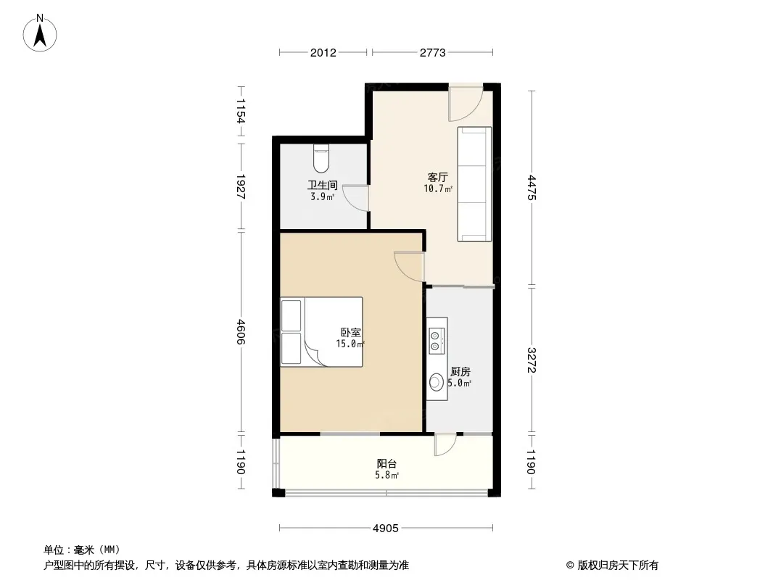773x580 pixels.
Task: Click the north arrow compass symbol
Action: (x=40, y=33)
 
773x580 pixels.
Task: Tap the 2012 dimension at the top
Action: (x=323, y=53)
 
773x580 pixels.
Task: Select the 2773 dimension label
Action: (x=432, y=53)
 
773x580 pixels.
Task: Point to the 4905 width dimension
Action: (x=386, y=529)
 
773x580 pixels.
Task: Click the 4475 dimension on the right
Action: (x=532, y=187)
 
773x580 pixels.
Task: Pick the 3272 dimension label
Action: (x=532, y=360)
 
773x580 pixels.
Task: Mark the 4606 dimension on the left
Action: (x=241, y=331)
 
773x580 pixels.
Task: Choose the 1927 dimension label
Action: (x=241, y=187)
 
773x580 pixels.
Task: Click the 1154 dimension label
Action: (x=241, y=111)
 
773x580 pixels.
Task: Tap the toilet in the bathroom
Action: (x=321, y=158)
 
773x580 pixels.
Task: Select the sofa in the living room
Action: (x=474, y=184)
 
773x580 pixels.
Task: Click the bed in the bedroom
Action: (x=321, y=331)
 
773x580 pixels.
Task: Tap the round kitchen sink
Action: (x=437, y=382)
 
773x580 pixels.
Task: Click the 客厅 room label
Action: (x=438, y=177)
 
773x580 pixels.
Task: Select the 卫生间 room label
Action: (x=323, y=186)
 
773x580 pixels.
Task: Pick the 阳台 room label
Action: (x=387, y=464)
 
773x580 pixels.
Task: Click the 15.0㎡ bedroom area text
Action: (x=350, y=344)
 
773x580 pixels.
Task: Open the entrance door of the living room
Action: (x=466, y=103)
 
